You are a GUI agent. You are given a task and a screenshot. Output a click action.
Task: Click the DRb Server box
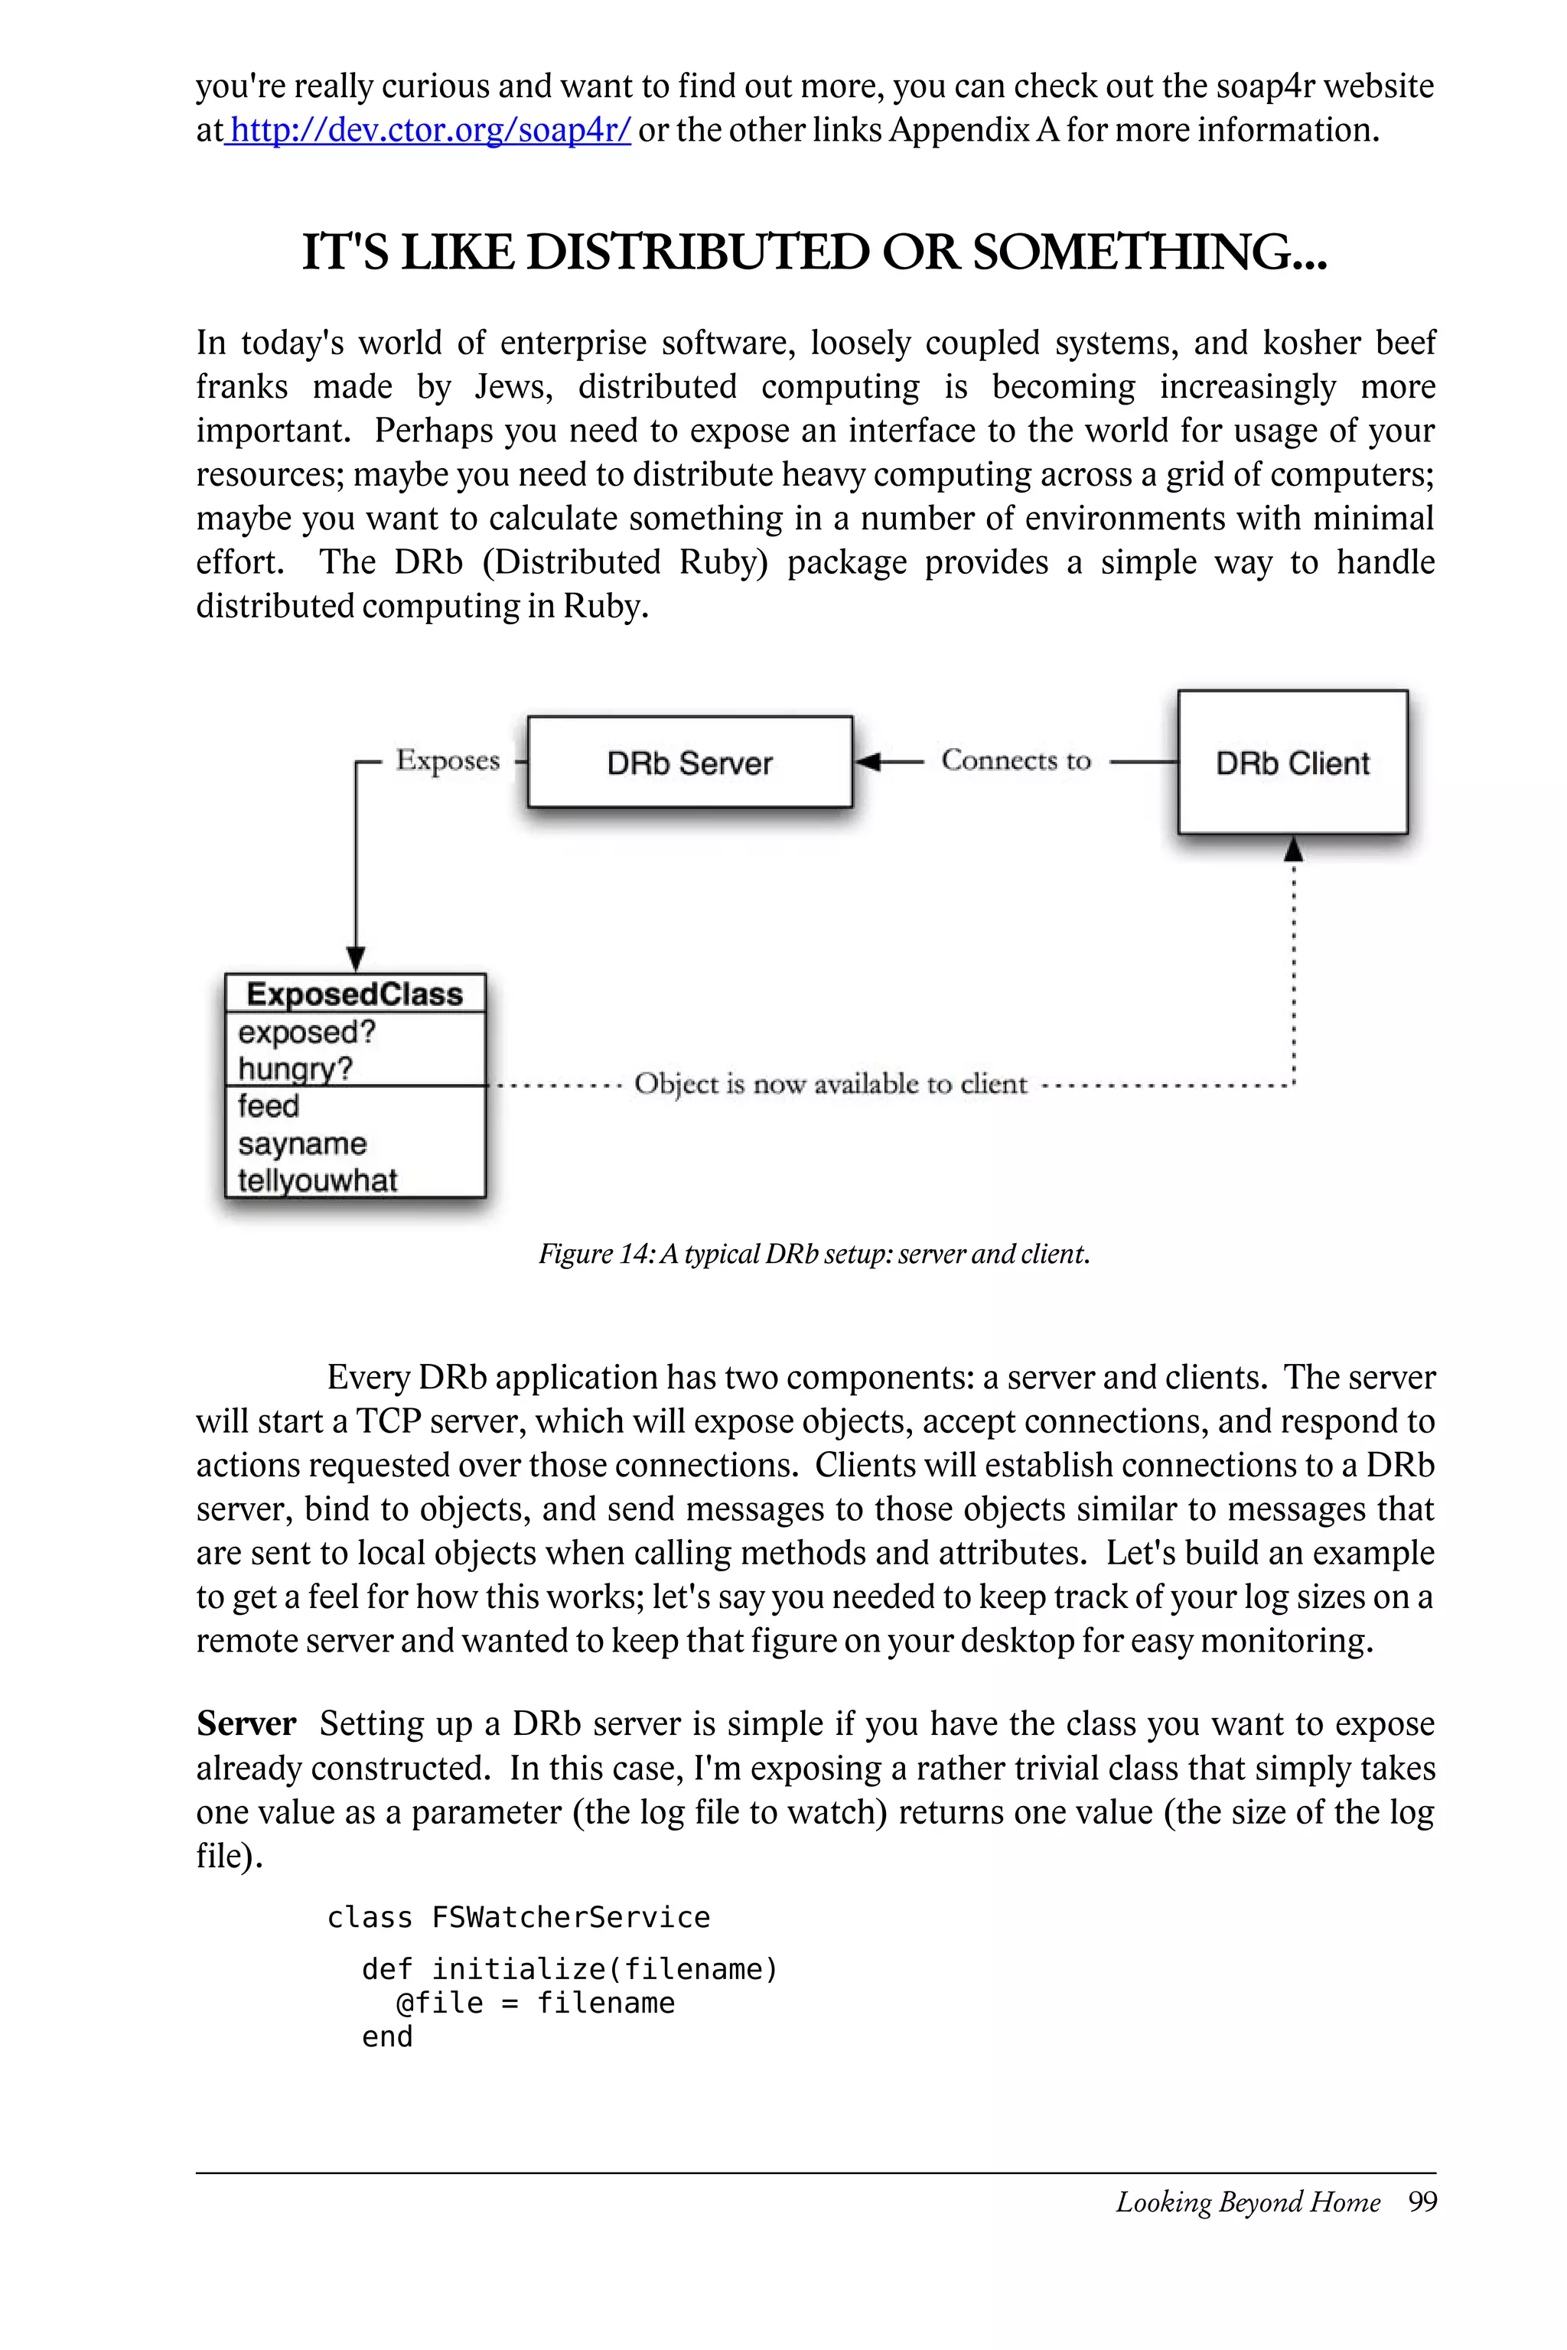tap(689, 763)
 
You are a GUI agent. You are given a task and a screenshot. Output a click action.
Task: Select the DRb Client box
tap(1292, 763)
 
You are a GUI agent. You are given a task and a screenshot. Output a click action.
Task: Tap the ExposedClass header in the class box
tap(355, 994)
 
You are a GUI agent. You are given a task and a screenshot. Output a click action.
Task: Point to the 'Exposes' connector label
tap(448, 760)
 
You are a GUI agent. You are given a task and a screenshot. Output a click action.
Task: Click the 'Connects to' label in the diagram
tap(1015, 760)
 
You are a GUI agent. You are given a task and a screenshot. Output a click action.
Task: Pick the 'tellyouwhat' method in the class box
tap(318, 1180)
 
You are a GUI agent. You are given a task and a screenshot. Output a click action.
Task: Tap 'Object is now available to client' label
tap(830, 1084)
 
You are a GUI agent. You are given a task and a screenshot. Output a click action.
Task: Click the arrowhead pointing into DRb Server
tap(868, 763)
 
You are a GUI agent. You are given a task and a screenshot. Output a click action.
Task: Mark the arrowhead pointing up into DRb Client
tap(1293, 849)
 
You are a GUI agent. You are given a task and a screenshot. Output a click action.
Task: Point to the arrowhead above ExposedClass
tap(356, 959)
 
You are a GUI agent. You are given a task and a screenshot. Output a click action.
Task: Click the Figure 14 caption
tap(813, 1254)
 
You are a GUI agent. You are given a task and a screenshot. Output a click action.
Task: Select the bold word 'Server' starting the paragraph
tap(246, 1724)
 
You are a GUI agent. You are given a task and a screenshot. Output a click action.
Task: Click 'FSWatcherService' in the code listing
tap(571, 1917)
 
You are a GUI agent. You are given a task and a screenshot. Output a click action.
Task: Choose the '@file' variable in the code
tap(440, 2003)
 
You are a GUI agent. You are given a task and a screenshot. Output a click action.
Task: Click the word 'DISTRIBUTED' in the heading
tap(698, 252)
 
